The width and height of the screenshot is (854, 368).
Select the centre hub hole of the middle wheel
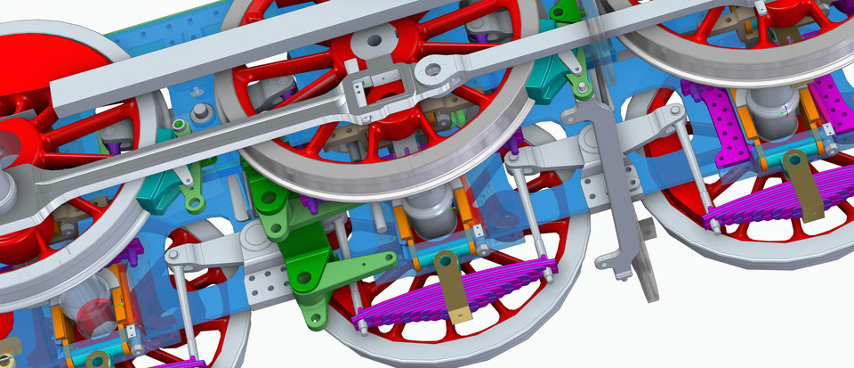point(372,41)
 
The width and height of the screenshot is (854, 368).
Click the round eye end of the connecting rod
point(431,70)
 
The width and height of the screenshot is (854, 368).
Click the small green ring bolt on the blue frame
point(178,123)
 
